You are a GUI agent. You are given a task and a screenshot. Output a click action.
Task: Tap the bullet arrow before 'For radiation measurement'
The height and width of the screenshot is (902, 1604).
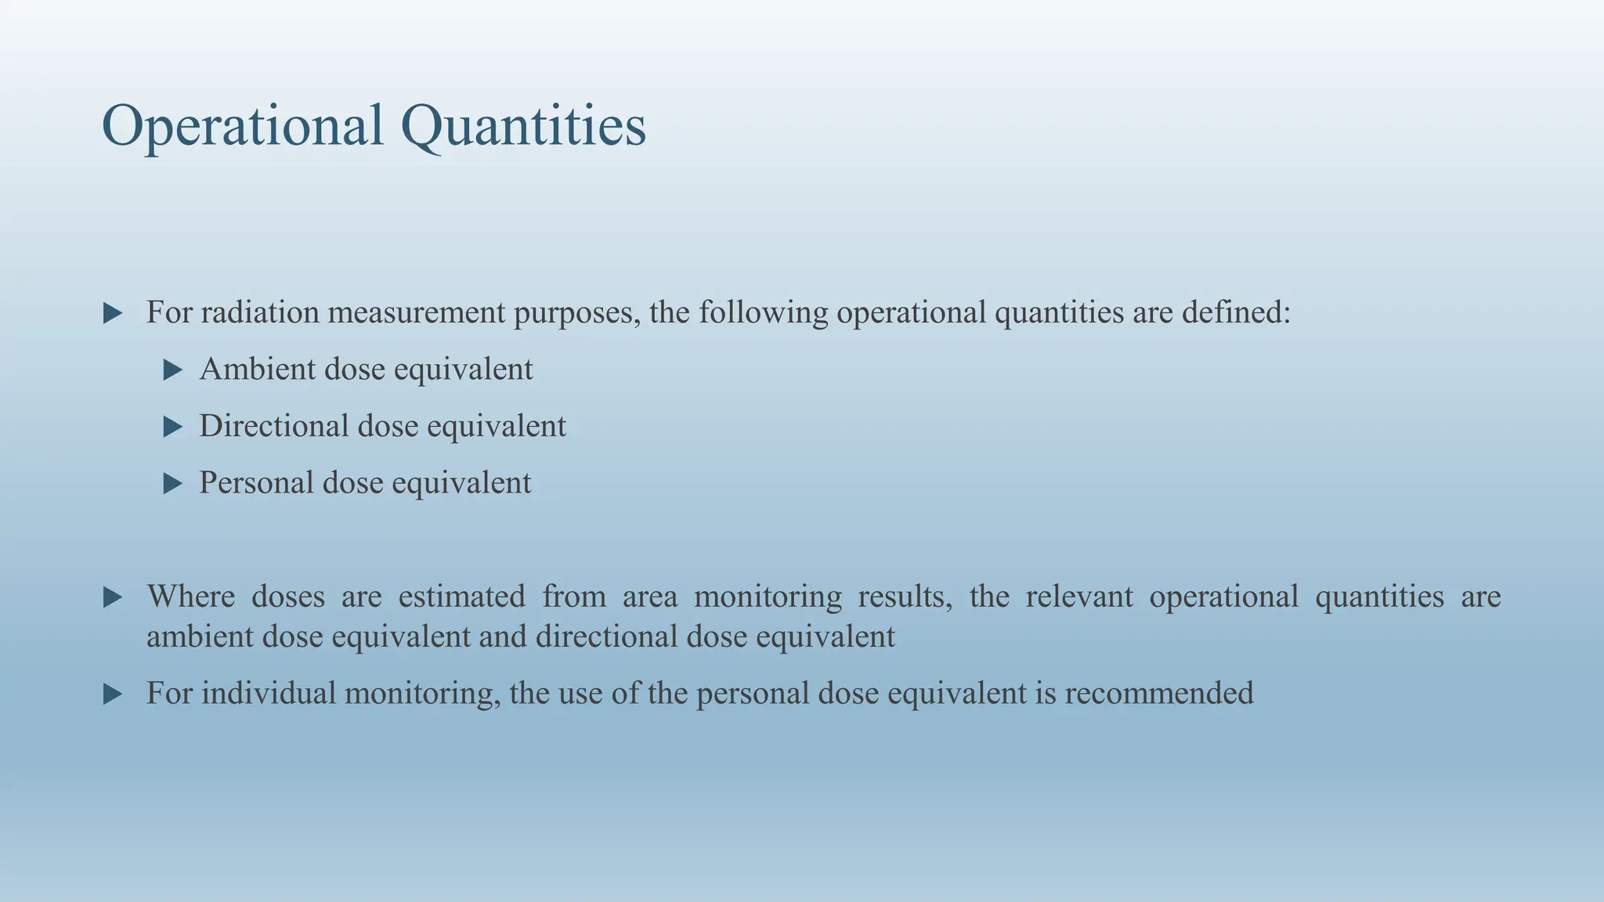[113, 314]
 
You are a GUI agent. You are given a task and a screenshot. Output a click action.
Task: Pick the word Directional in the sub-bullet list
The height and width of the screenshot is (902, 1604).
[273, 427]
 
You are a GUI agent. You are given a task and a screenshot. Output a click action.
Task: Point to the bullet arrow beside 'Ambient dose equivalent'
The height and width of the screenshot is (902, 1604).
[172, 370]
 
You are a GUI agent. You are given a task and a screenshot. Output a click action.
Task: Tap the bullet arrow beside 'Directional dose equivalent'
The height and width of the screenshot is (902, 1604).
[172, 427]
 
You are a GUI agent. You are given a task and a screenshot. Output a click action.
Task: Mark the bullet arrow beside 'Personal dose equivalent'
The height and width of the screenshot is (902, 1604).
[172, 484]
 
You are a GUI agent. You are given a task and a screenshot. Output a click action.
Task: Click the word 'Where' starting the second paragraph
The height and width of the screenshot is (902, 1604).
[190, 597]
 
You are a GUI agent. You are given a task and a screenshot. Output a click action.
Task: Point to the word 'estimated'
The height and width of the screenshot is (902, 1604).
[461, 597]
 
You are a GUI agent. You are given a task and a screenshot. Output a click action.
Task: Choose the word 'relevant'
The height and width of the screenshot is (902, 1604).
[1078, 597]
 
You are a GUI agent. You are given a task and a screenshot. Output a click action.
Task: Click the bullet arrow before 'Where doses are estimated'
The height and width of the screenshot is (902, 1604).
[113, 598]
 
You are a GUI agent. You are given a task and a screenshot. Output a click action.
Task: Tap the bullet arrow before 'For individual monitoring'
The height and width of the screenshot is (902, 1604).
[113, 695]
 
